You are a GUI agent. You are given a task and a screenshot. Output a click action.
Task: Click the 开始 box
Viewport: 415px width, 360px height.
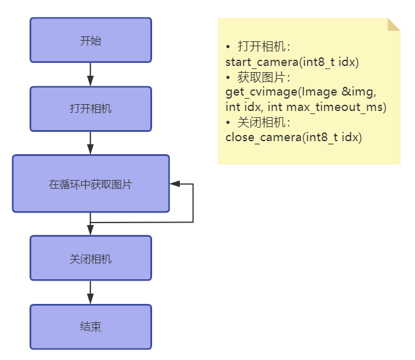[x=91, y=41]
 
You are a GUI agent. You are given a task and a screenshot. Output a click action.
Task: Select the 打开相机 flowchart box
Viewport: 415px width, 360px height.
[x=91, y=109]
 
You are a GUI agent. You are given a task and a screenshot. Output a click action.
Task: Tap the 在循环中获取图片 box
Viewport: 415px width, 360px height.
[x=91, y=184]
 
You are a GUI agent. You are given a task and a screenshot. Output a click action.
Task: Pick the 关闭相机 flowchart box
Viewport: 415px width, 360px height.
[x=91, y=258]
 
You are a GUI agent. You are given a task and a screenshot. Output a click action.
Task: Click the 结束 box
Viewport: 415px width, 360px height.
[x=91, y=327]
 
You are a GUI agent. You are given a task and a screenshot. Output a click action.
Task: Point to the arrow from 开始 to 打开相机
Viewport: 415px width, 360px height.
[x=91, y=74]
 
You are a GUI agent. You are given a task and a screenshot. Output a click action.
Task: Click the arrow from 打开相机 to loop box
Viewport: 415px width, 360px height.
[x=91, y=142]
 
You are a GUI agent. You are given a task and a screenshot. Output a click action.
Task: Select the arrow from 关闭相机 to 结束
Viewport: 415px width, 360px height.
[x=91, y=292]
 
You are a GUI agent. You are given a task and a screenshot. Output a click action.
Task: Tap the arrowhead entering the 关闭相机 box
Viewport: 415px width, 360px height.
[x=91, y=230]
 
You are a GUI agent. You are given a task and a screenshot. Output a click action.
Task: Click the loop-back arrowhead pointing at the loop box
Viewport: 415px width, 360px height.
[x=175, y=184]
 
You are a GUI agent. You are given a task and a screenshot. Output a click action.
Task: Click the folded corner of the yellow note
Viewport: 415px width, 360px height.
[x=394, y=24]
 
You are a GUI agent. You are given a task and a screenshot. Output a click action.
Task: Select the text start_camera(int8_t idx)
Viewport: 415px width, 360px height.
[x=292, y=62]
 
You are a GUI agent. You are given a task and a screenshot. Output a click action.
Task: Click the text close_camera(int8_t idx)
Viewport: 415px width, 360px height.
[x=294, y=137]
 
